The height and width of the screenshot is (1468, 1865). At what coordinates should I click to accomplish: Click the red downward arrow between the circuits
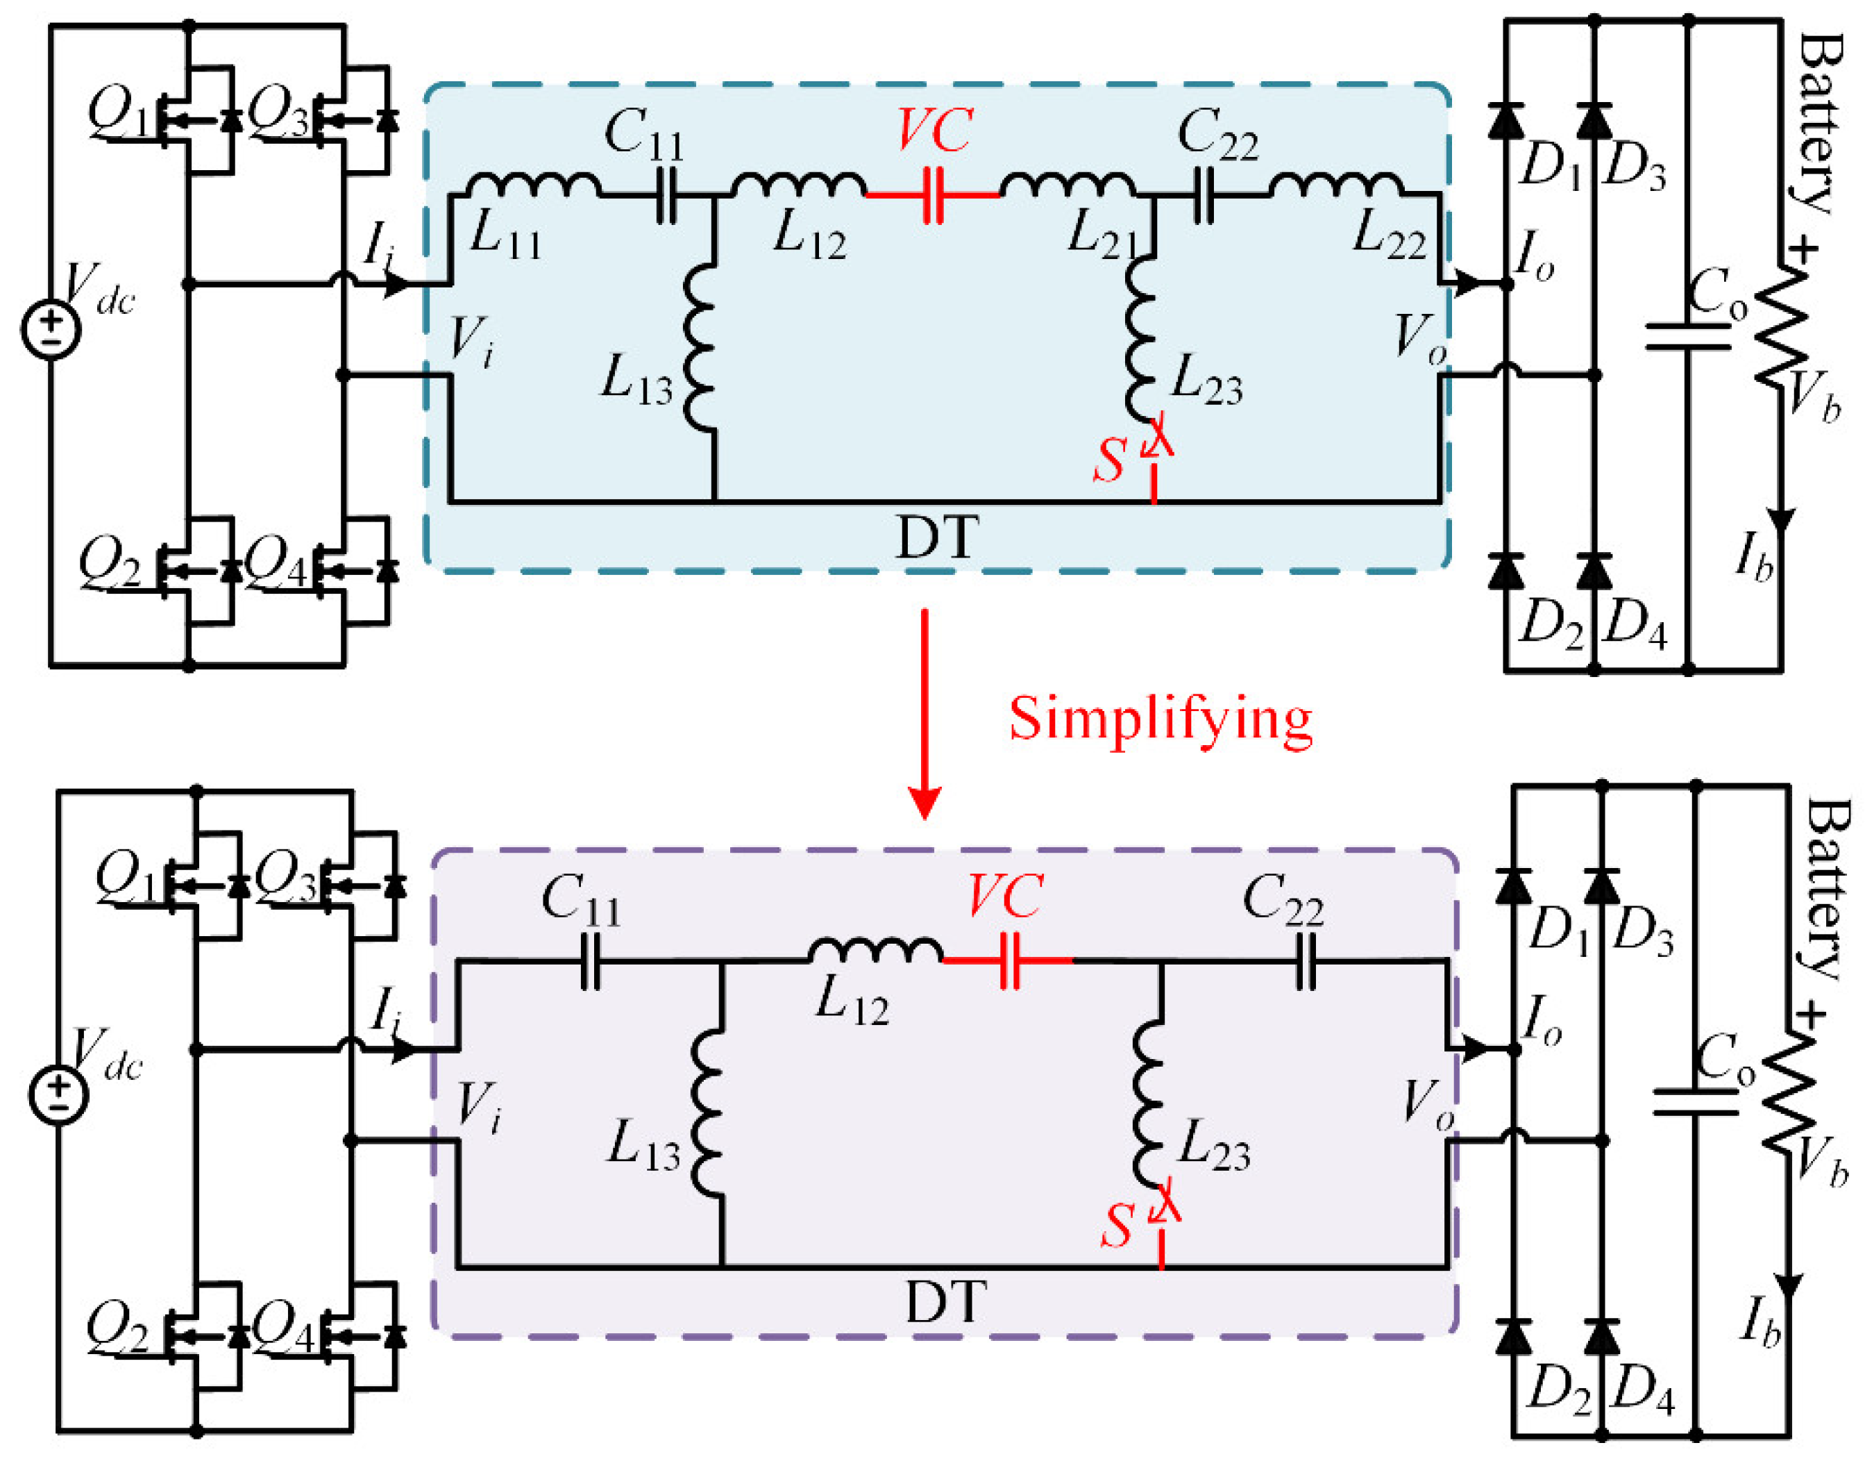tap(924, 713)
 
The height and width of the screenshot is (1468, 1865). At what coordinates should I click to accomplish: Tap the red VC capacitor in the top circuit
tap(933, 196)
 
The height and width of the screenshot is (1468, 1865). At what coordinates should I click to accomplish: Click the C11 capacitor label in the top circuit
tap(643, 135)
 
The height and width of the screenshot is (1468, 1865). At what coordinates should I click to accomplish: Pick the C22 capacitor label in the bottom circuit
tap(1283, 901)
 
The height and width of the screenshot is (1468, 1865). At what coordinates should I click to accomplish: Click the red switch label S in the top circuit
tap(1109, 460)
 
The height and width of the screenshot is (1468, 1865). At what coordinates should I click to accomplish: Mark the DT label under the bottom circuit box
tap(944, 1301)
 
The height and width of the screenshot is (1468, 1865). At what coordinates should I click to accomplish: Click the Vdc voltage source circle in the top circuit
tap(51, 330)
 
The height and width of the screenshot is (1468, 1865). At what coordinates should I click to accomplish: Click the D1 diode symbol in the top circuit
tap(1505, 122)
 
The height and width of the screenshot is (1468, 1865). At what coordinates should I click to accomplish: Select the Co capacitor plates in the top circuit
tap(1687, 337)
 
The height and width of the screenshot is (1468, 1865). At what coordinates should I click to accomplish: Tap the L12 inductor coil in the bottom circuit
tap(875, 950)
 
